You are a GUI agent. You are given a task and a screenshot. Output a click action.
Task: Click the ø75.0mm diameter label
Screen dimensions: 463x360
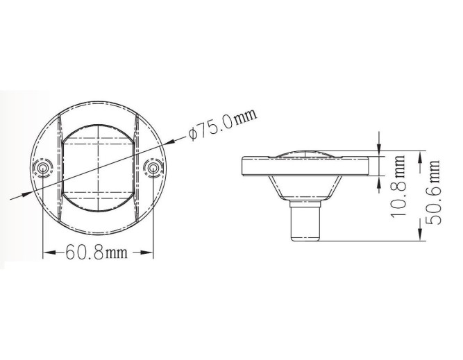(x=223, y=124)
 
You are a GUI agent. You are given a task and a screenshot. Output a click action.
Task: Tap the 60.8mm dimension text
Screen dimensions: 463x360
(x=96, y=252)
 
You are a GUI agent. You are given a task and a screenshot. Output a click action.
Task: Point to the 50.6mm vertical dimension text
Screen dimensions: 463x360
(x=433, y=192)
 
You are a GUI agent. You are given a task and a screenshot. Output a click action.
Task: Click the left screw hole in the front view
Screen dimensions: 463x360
(x=42, y=169)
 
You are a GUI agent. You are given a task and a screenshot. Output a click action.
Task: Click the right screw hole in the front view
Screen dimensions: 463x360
(x=153, y=168)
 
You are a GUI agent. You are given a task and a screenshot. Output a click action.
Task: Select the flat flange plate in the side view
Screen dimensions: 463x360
(x=305, y=166)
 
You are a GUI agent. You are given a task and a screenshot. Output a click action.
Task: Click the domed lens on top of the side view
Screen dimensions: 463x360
(x=305, y=154)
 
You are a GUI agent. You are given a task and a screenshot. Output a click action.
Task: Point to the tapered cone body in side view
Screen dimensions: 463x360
(x=305, y=188)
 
